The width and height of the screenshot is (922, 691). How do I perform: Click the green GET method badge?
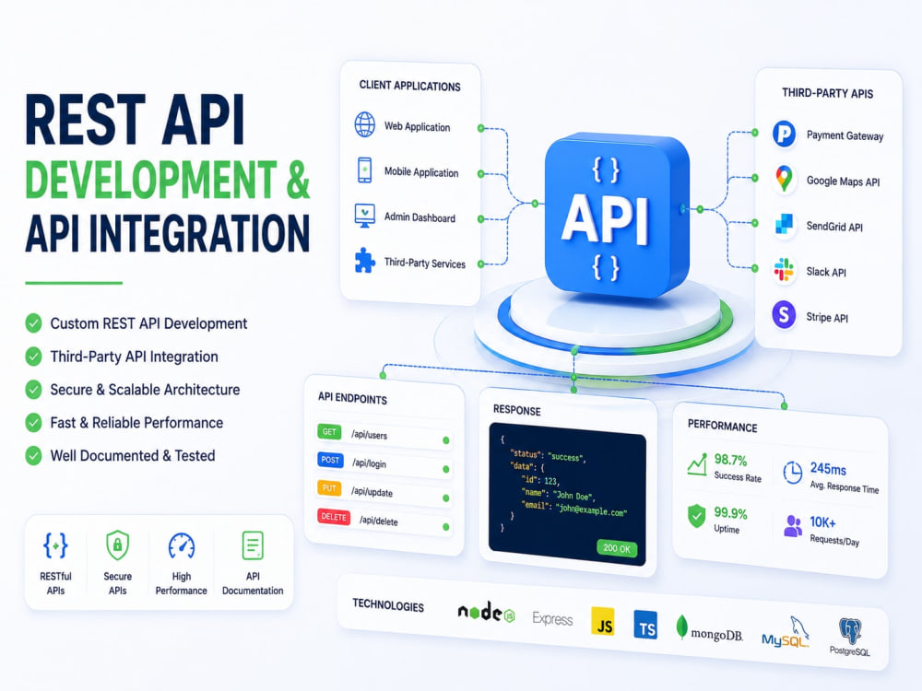[329, 432]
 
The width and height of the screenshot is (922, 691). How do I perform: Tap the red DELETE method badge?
[334, 517]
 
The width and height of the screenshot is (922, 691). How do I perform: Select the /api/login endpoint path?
[370, 463]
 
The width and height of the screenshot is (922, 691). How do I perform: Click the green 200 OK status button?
[617, 548]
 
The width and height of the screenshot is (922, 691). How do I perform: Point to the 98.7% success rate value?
[730, 460]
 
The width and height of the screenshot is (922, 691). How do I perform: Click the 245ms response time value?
[828, 469]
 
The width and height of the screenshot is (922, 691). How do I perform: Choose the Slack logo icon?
[784, 270]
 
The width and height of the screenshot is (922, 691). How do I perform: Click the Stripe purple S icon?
[784, 315]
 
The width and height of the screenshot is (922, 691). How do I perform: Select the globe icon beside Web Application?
[365, 124]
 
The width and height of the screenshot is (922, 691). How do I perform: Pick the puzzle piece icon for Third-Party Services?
[364, 261]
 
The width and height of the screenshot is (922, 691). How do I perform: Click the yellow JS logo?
[603, 622]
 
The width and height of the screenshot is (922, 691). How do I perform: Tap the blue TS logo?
[645, 625]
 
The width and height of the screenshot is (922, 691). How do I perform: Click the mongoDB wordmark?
[716, 634]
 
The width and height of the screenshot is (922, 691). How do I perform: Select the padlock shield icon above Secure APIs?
[118, 545]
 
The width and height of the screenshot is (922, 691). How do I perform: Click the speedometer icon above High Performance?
[181, 545]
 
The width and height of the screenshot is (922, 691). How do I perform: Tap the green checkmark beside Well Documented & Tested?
[33, 455]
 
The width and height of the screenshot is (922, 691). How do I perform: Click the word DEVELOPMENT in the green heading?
[151, 179]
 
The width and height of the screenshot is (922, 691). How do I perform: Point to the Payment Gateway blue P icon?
[784, 134]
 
